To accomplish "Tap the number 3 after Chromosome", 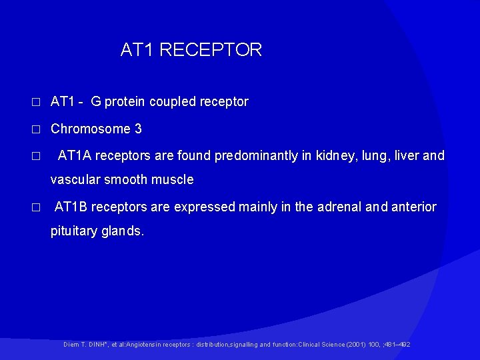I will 138,129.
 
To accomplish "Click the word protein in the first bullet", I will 125,102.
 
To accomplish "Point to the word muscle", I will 172,179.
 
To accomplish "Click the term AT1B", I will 71,207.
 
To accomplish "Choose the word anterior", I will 413,207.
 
